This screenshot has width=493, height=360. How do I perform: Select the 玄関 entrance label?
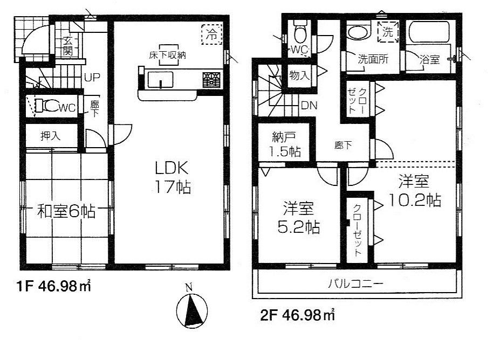(69, 45)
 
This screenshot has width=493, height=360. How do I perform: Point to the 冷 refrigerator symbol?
(212, 36)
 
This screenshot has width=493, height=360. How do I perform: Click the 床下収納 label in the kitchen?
(168, 56)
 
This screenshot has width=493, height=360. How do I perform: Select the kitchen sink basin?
(160, 80)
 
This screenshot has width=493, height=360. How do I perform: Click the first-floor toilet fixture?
(50, 106)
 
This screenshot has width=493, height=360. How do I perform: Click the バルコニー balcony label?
(355, 283)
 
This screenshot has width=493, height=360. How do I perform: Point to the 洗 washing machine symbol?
(387, 32)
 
